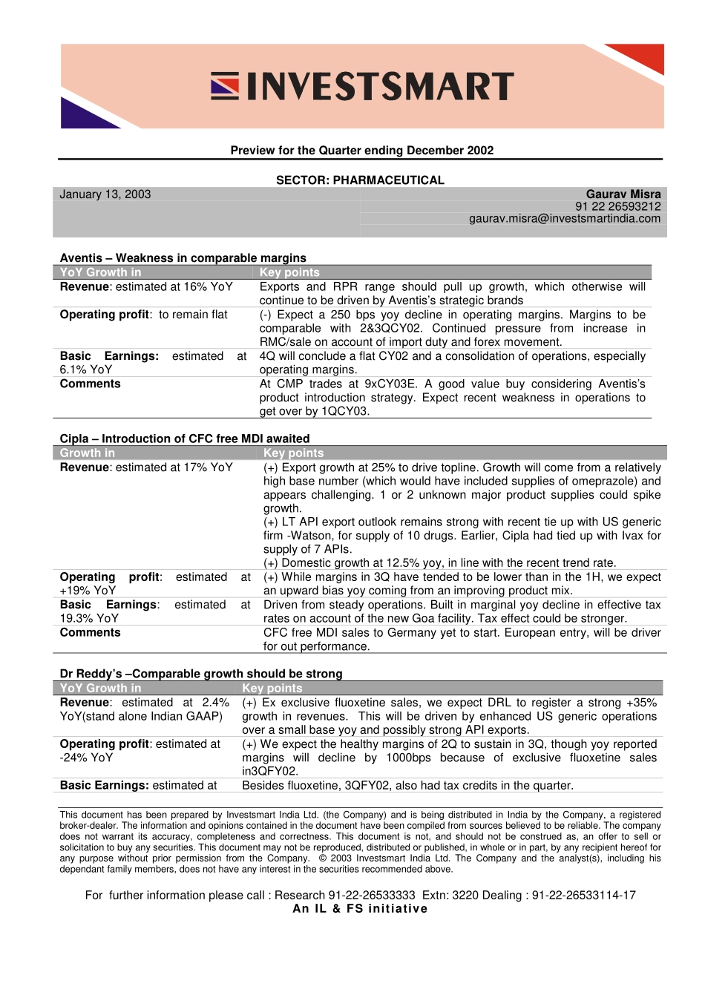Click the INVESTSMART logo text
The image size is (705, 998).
(379, 87)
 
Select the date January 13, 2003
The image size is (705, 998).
(105, 194)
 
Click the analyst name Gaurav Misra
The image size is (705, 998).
(623, 194)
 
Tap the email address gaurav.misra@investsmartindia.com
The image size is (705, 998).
(565, 219)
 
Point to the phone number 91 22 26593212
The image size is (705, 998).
(617, 207)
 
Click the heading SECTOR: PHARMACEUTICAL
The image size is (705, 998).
(360, 180)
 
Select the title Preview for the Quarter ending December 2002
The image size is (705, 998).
(362, 151)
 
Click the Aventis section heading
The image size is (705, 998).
(183, 258)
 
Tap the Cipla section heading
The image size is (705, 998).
(185, 439)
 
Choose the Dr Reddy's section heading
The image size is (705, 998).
(201, 674)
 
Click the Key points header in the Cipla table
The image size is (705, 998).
(294, 453)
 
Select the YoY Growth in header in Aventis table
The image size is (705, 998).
(101, 272)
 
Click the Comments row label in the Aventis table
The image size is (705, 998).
(91, 384)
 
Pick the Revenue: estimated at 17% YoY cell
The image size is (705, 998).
(146, 467)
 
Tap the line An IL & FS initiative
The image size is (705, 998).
(360, 909)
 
